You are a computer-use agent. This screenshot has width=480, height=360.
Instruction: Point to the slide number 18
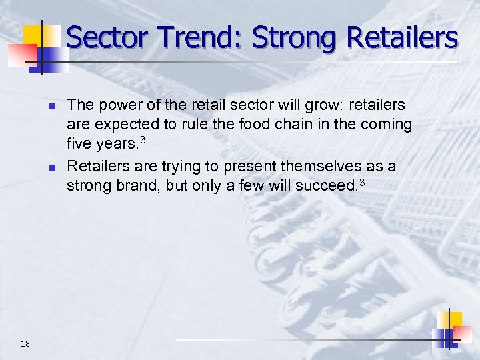click(x=25, y=344)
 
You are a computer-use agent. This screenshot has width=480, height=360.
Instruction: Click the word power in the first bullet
click(x=114, y=105)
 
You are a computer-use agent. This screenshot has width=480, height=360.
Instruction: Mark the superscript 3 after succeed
click(x=363, y=180)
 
